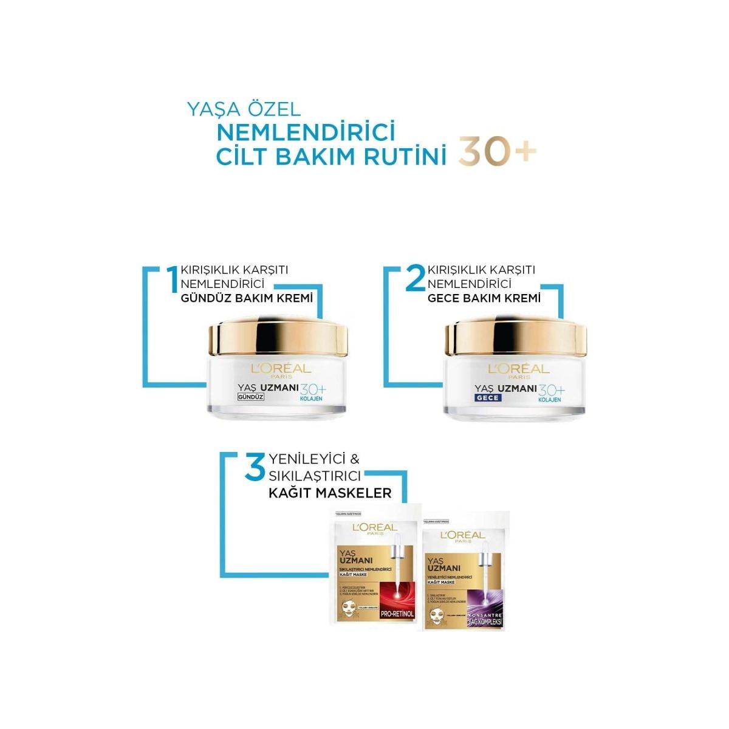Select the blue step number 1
[174, 278]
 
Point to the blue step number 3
[254, 469]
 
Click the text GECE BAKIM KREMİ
[484, 299]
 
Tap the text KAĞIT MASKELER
[330, 493]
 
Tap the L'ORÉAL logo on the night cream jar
[518, 368]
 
